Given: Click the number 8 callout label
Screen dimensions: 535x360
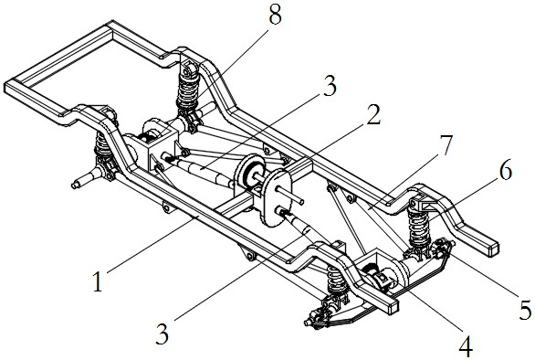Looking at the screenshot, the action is coord(276,15).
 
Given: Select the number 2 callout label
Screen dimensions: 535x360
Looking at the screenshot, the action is coord(373,114).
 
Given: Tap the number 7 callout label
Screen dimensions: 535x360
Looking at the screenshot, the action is coord(445,145).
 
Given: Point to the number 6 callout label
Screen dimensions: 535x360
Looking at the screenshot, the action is coord(506,170).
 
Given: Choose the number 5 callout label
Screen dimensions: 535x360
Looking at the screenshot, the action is coord(526,310).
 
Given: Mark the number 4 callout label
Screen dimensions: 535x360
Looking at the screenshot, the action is coord(466,346).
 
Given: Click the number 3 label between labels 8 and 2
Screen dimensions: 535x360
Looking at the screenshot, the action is coord(330,86).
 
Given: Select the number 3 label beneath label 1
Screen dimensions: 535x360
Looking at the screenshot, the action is coord(163,334).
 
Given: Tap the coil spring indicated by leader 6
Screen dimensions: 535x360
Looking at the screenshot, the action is coord(419,227).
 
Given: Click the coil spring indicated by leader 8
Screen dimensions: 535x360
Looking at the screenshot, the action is coord(188,90).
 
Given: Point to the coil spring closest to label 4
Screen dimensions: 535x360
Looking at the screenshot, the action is coord(335,278).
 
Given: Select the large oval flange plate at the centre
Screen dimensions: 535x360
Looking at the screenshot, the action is coord(276,197).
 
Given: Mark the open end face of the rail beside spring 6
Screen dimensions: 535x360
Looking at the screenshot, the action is coord(492,249).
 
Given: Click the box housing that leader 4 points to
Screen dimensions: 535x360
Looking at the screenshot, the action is coord(379,270).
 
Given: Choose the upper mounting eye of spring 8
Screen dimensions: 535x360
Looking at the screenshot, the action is coord(187,71).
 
